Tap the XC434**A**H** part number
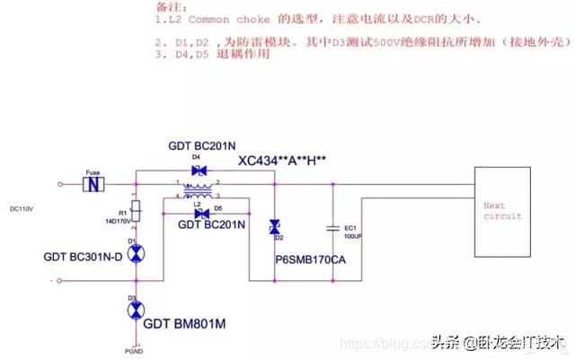pos(282,162)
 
